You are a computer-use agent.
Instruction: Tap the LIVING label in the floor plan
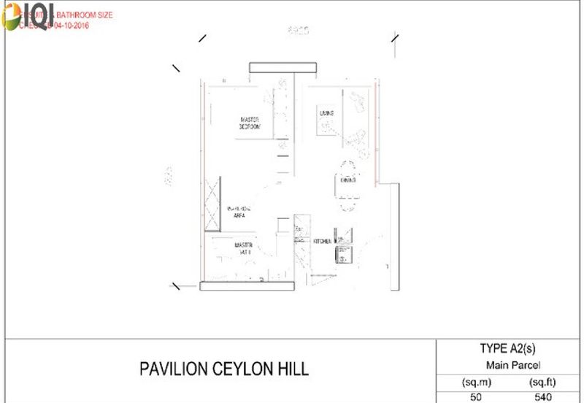click(326, 113)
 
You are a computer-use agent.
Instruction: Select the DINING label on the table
click(347, 180)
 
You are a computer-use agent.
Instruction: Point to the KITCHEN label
click(323, 241)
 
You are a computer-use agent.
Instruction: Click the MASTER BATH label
click(244, 248)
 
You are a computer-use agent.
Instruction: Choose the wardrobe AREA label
click(239, 215)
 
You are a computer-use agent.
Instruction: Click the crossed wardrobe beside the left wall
click(212, 204)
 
